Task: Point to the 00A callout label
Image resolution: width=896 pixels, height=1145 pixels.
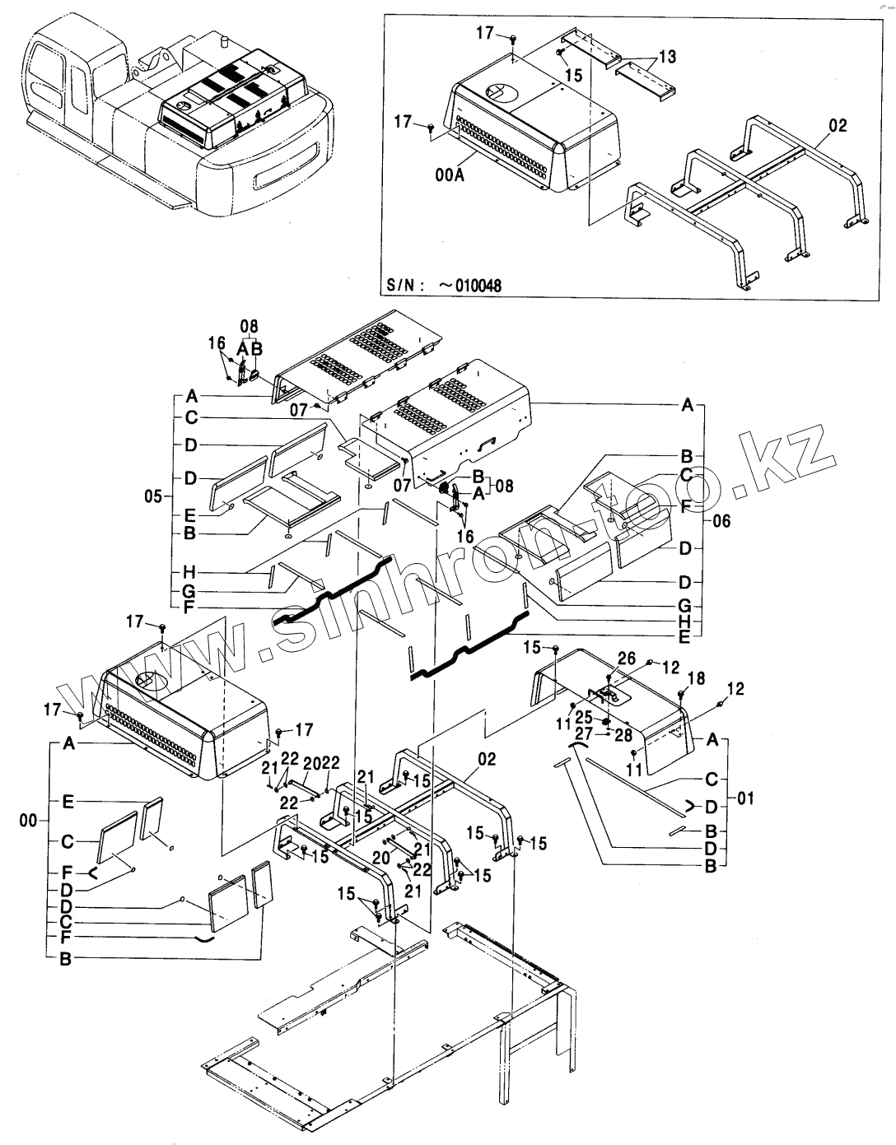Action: (x=450, y=175)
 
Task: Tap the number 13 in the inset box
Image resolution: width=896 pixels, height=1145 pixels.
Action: (x=667, y=56)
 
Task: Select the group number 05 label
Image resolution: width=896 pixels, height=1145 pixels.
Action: (x=153, y=496)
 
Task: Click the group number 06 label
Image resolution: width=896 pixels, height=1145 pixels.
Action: (x=721, y=521)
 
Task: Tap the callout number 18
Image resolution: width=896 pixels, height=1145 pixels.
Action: (x=696, y=677)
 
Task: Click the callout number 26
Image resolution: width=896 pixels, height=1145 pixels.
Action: (x=627, y=659)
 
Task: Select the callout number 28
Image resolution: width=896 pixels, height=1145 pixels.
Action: (x=623, y=735)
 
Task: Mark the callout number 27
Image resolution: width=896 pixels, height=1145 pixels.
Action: (x=583, y=734)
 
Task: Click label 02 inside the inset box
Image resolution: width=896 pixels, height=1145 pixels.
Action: (x=838, y=125)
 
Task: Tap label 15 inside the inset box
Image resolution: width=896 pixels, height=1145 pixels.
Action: (x=573, y=76)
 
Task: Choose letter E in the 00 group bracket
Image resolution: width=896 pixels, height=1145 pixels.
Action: (x=68, y=802)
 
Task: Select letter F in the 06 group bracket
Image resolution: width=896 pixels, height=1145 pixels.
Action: (x=685, y=507)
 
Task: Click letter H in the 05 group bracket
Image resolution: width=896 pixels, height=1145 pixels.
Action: (x=189, y=572)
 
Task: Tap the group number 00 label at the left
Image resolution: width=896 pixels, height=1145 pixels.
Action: (x=29, y=821)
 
